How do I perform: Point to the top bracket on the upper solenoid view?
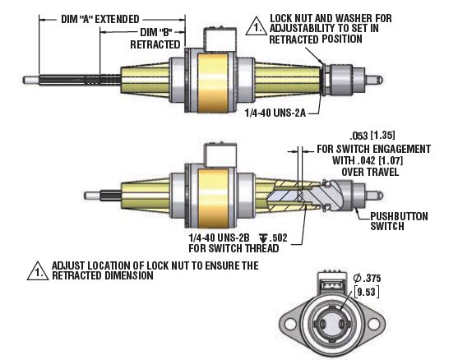(x=215, y=37)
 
